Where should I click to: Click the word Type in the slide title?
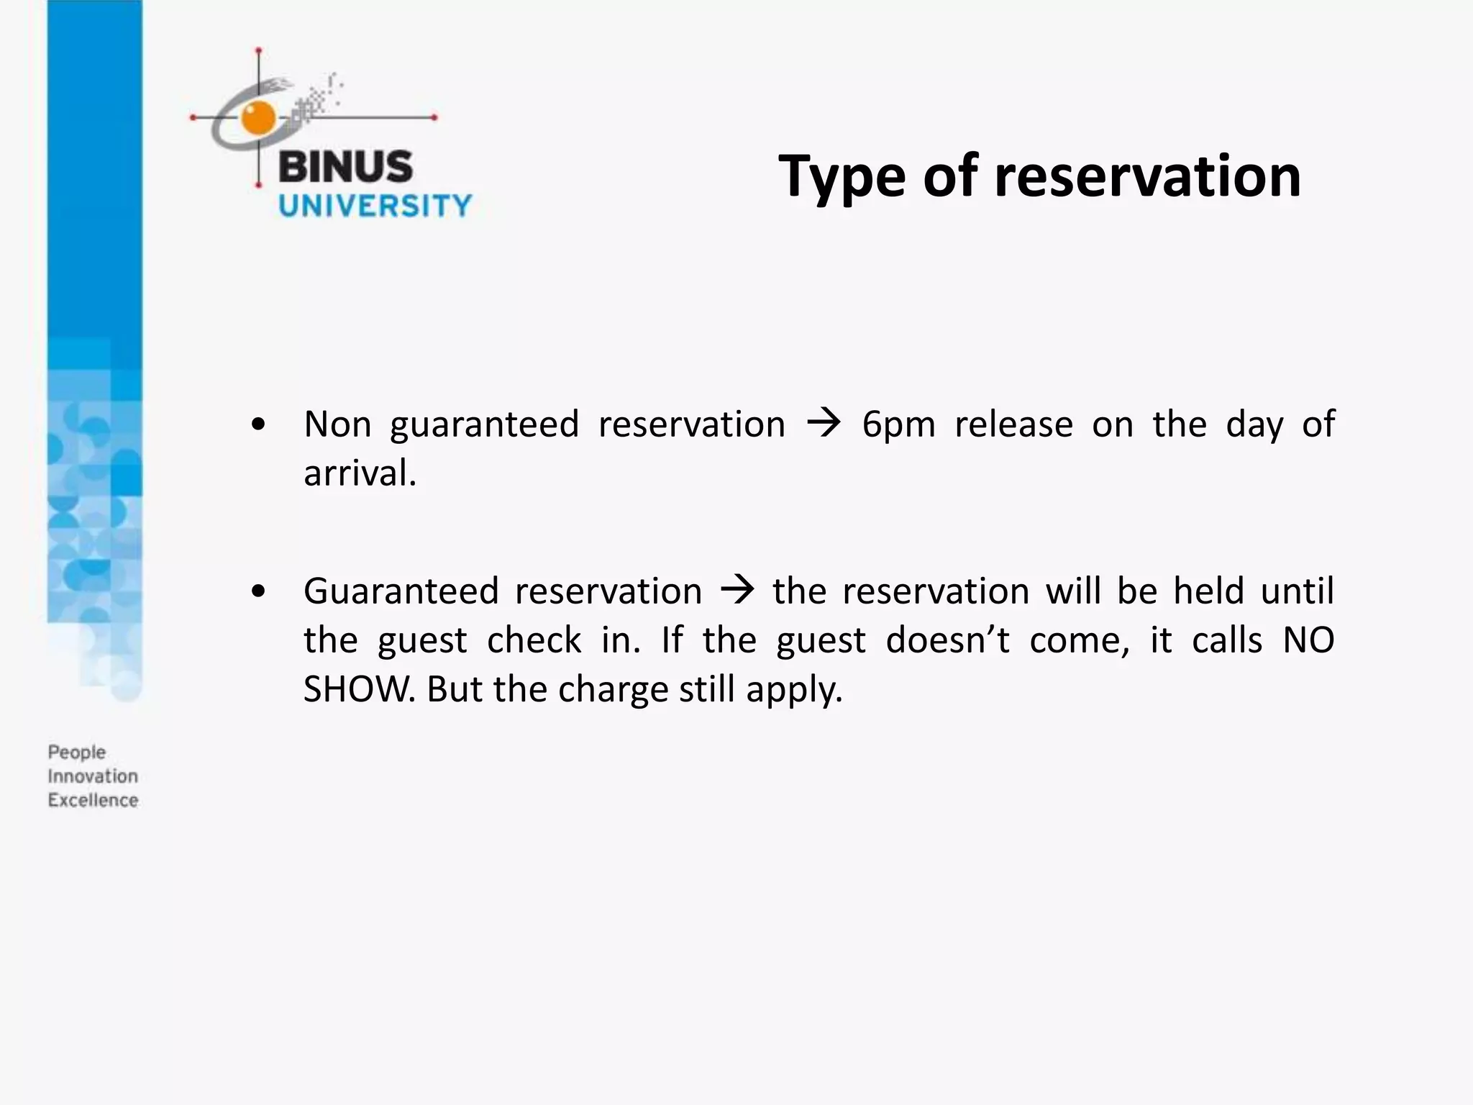[841, 177]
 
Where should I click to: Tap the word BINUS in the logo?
[345, 167]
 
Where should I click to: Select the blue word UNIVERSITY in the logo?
[375, 206]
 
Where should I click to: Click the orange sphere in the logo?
[258, 118]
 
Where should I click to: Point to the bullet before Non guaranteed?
[258, 425]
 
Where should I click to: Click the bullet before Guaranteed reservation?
[258, 592]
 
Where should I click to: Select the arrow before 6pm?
[824, 424]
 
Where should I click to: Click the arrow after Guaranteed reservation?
[737, 591]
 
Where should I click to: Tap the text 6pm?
[898, 424]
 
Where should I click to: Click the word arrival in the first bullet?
[360, 474]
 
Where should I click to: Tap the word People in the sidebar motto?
[77, 752]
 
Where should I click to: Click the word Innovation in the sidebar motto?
[93, 776]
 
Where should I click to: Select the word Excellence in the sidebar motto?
[93, 800]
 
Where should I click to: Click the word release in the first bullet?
[1013, 424]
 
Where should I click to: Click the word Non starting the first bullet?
[337, 424]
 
